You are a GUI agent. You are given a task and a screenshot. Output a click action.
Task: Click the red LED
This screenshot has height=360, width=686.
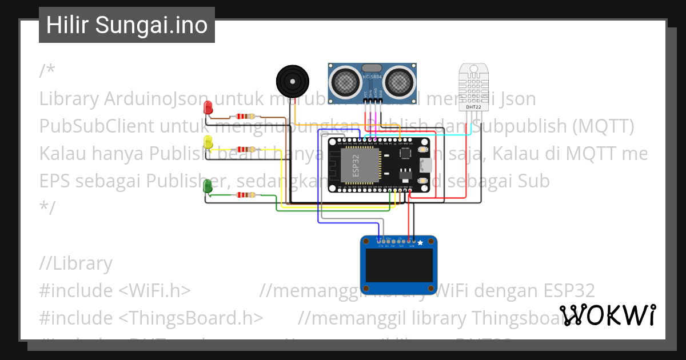pyautogui.click(x=209, y=107)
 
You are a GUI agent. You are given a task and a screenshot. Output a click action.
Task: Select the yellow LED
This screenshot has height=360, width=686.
pyautogui.click(x=209, y=142)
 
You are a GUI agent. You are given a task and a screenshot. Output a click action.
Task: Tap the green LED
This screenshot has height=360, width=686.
pyautogui.click(x=209, y=186)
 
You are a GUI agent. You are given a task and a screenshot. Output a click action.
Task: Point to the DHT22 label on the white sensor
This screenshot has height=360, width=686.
pyautogui.click(x=473, y=106)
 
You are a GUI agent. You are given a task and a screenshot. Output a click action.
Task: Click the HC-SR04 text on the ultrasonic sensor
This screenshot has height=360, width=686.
pyautogui.click(x=372, y=77)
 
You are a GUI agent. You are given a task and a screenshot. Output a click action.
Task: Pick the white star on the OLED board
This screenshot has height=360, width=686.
pyautogui.click(x=421, y=243)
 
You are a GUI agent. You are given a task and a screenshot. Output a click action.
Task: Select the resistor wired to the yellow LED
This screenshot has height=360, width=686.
pyautogui.click(x=246, y=149)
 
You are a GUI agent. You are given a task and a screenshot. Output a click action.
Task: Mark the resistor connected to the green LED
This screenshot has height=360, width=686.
pyautogui.click(x=246, y=195)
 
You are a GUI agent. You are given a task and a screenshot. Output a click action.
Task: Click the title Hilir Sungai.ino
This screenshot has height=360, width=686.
pyautogui.click(x=127, y=25)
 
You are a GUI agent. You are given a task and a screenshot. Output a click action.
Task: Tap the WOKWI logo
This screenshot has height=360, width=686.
pyautogui.click(x=608, y=315)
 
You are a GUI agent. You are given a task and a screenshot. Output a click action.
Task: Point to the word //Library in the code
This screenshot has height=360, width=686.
pyautogui.click(x=76, y=263)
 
